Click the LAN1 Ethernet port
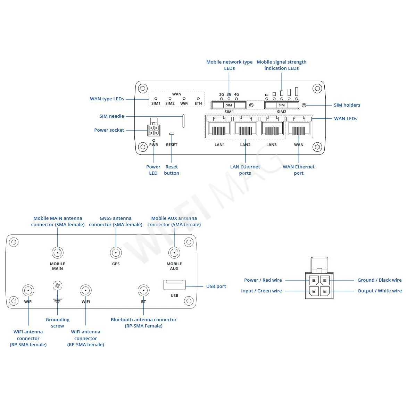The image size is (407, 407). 218,126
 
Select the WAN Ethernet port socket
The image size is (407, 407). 299,126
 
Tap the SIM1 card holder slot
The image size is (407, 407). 229,105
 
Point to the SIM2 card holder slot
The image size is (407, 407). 282,105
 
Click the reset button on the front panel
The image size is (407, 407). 172,134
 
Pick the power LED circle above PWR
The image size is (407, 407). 153,140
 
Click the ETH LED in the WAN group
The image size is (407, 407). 198,99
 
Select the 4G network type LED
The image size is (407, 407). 236,99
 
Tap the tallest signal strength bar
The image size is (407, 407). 297,92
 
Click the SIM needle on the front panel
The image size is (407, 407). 183,121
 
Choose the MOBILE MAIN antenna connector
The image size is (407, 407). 57,252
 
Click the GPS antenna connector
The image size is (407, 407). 116,252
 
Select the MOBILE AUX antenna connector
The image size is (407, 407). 174,252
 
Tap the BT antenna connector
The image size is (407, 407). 143,290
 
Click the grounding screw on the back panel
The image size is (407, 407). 57,286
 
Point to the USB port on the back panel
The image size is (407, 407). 174,285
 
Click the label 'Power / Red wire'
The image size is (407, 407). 263,280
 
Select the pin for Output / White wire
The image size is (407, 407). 325,291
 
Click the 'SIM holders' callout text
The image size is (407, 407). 347,105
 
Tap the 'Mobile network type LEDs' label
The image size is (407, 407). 229,65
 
